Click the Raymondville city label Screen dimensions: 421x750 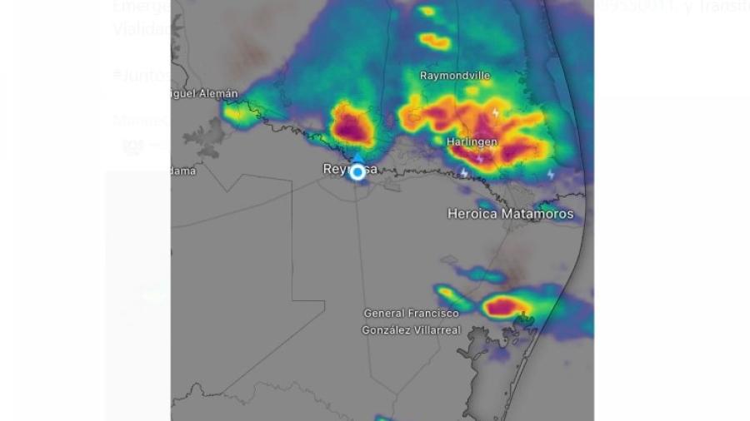455,76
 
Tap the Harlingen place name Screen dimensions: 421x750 472,141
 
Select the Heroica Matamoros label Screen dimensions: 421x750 510,214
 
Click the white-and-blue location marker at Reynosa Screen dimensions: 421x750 357,172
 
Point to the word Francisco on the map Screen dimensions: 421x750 433,314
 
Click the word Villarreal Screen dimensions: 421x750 433,330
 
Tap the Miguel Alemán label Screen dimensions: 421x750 205,94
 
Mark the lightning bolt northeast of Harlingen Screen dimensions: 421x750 496,112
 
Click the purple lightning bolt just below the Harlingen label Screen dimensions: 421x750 479,158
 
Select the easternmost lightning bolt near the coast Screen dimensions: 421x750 550,174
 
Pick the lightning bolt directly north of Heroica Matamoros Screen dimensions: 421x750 464,173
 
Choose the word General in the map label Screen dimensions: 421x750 385,314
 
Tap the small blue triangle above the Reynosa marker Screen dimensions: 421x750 357,157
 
